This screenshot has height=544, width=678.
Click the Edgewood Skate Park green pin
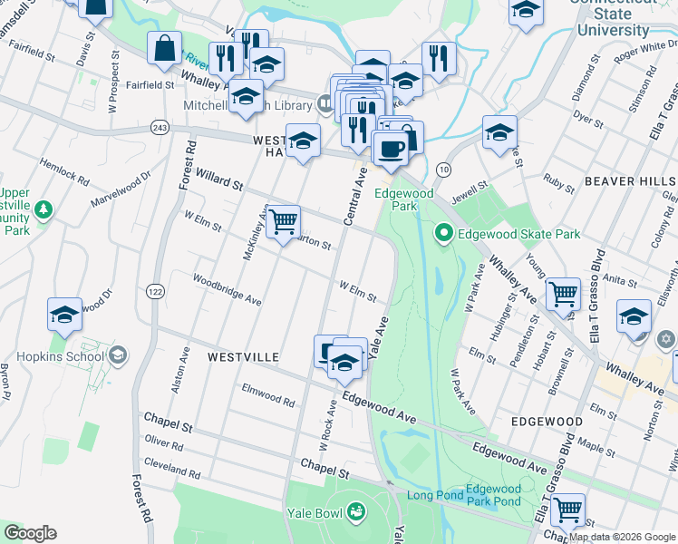coord(443,234)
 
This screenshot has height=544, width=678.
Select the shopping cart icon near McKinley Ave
coord(284,220)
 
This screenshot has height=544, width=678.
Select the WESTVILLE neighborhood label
coord(243,357)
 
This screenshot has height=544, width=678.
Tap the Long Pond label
coord(429,495)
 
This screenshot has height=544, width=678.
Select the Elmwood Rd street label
coord(268,394)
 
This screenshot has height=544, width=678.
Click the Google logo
coord(30,533)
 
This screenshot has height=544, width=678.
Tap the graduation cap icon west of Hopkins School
coord(65,315)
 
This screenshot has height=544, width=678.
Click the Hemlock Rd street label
coord(63,173)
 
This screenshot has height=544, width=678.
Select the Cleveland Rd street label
coord(173,468)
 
